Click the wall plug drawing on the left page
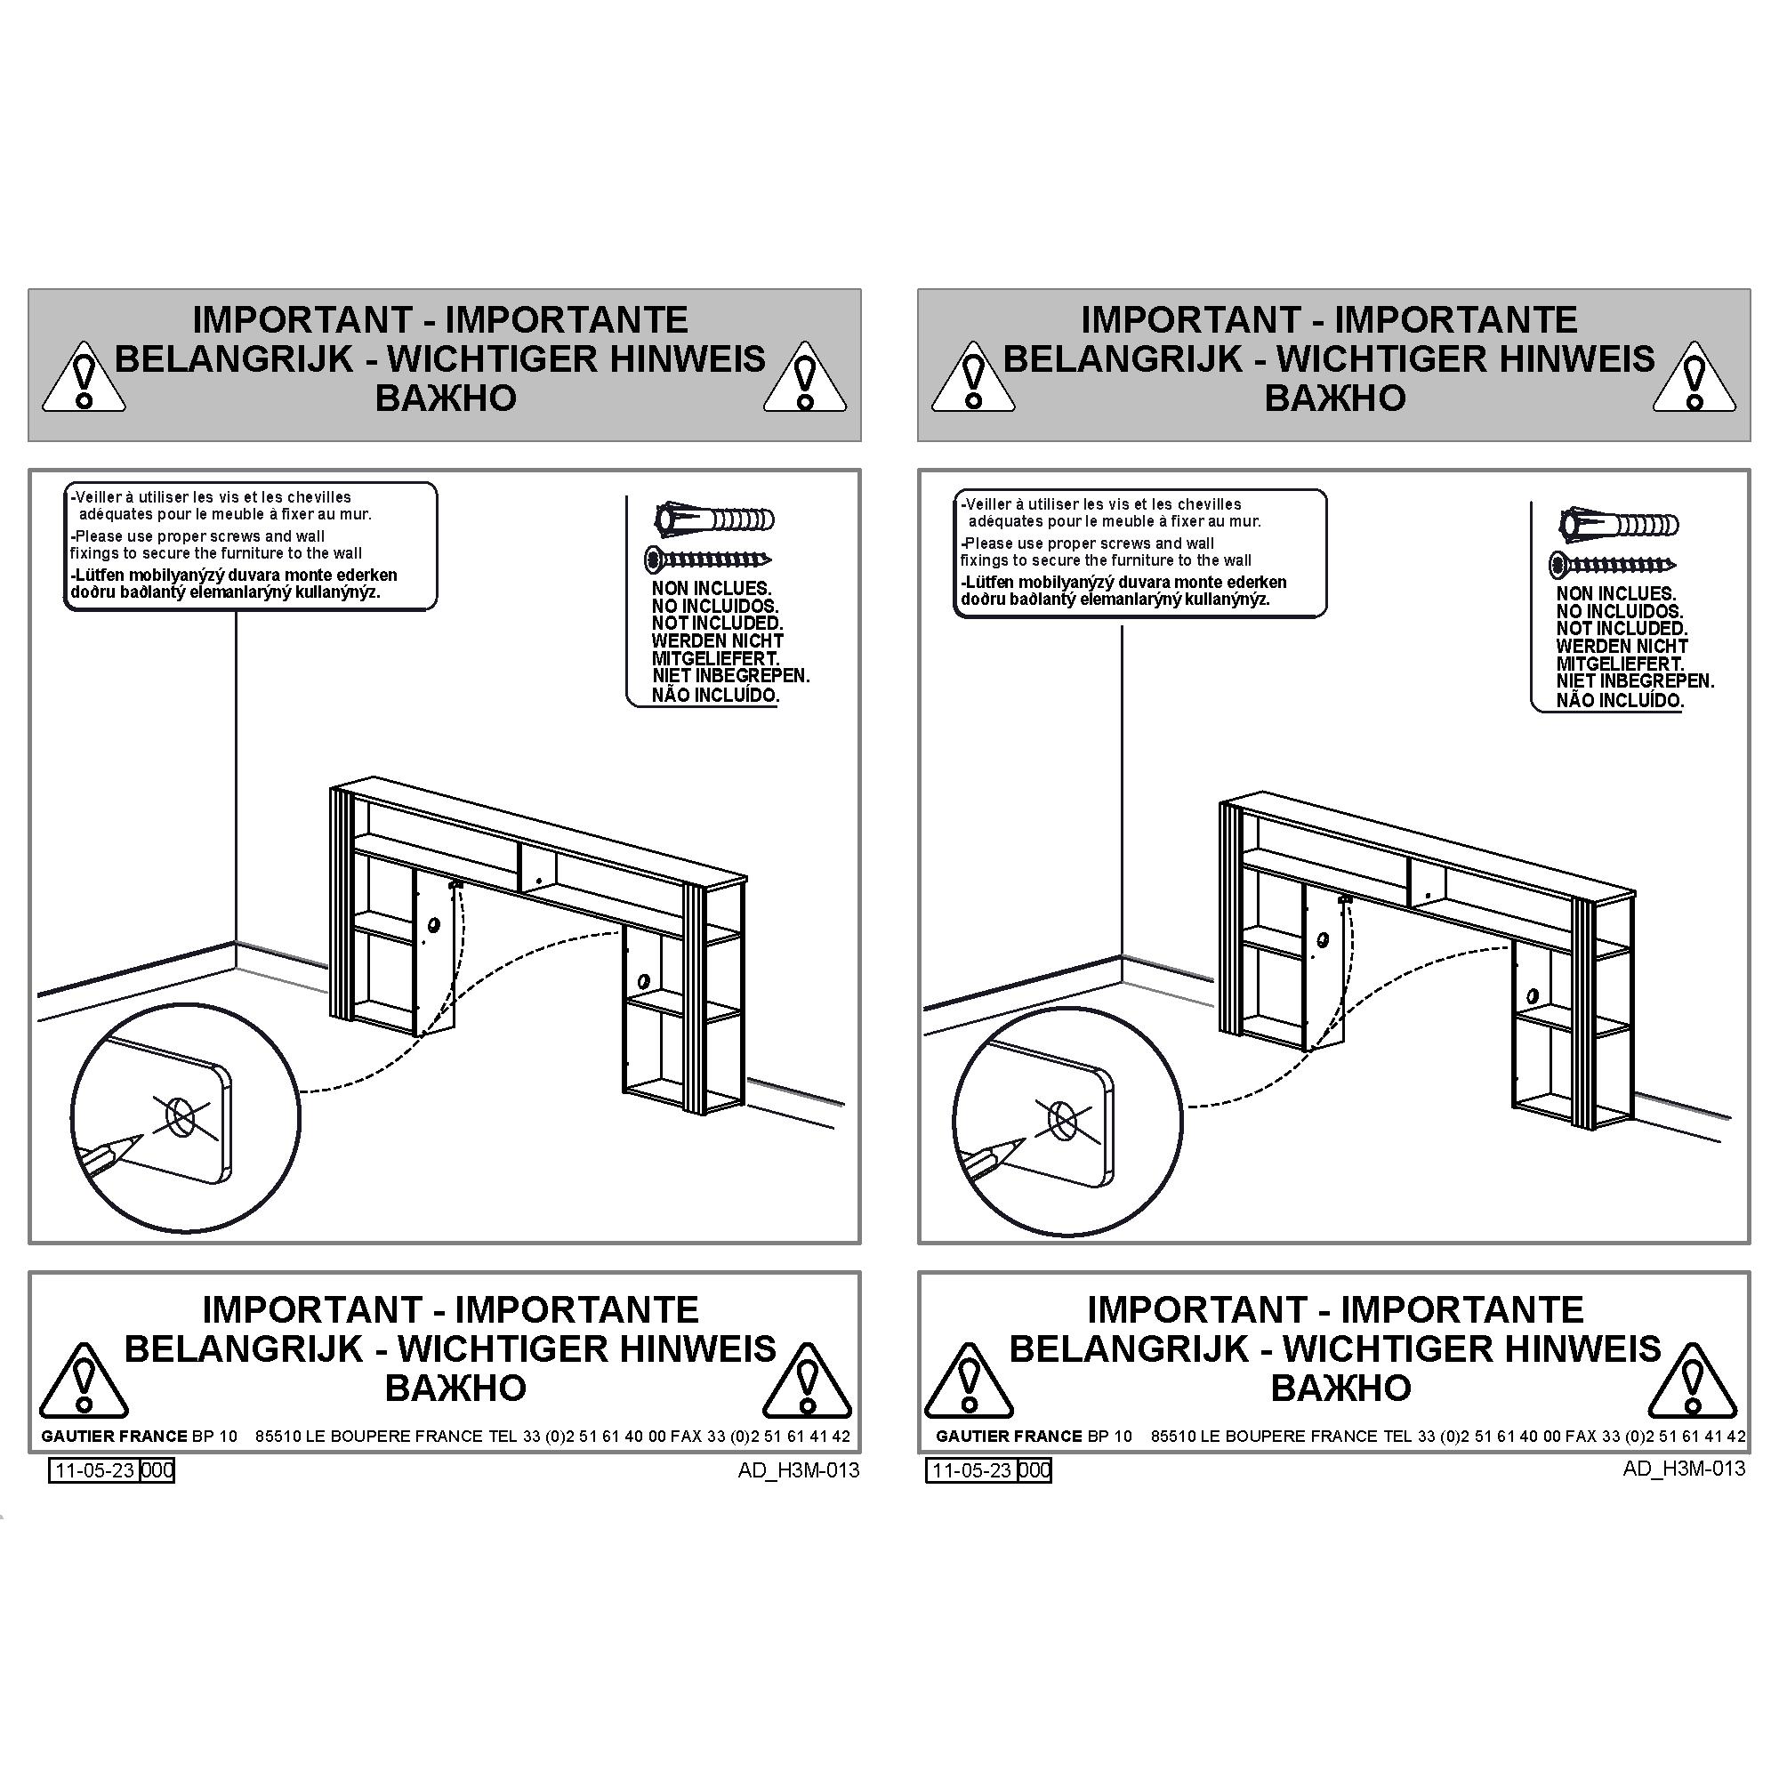(x=714, y=519)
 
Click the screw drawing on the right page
(x=1613, y=565)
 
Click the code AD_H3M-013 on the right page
(x=1684, y=1468)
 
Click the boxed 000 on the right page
(x=1035, y=1469)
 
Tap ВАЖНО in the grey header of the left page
(x=446, y=398)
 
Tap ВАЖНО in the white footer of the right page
(x=1340, y=1388)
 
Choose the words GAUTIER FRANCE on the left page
(x=114, y=1437)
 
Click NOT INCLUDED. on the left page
(x=717, y=624)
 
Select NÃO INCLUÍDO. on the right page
(x=1620, y=700)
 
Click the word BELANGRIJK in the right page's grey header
(x=1123, y=359)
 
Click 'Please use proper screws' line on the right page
(x=1087, y=543)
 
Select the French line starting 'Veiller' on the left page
(x=211, y=497)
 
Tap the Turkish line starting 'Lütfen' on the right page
(x=1123, y=582)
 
